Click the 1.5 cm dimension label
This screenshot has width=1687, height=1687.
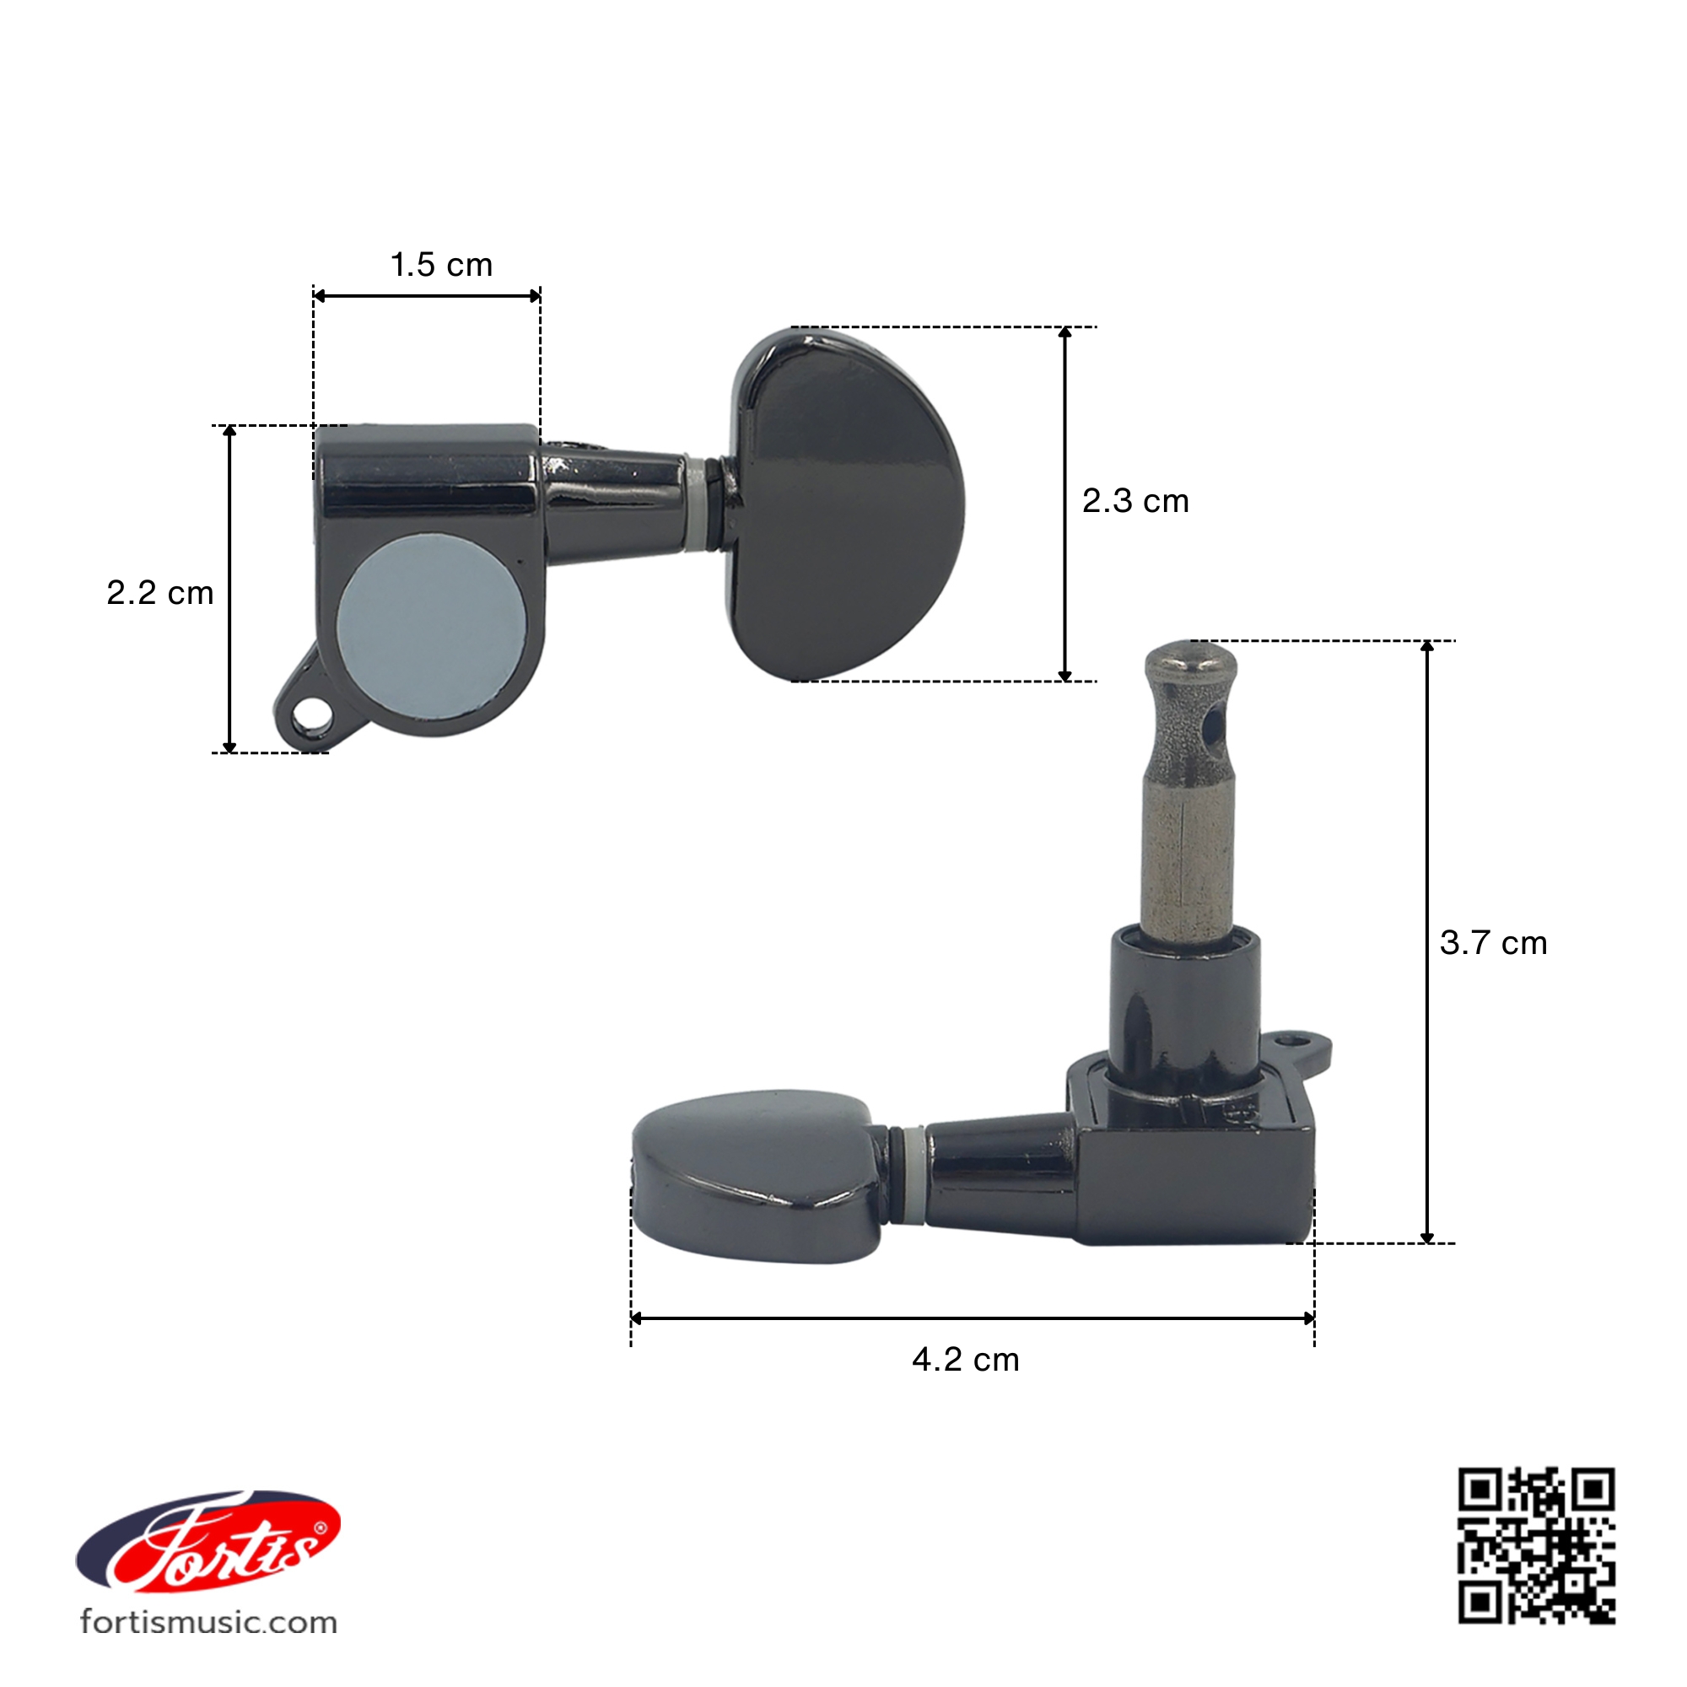441,265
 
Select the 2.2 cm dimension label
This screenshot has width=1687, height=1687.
159,593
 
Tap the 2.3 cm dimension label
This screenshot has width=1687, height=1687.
1135,501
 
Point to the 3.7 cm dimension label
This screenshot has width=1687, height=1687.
1493,942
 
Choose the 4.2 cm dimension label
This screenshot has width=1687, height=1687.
966,1360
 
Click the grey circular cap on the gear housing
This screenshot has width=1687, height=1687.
433,628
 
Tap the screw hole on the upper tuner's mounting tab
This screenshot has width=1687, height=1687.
306,718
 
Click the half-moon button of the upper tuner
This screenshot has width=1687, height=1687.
845,504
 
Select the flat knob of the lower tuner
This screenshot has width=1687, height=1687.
755,1174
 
